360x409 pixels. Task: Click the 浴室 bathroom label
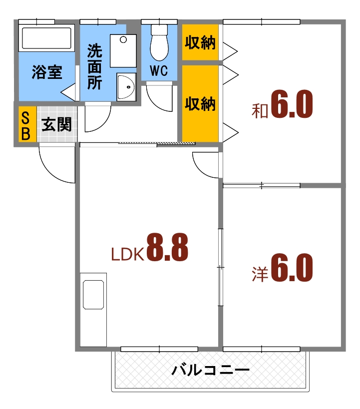coord(47,72)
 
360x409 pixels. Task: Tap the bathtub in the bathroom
coord(46,38)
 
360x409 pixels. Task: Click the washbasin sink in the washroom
coord(126,87)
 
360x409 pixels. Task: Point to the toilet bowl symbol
coord(159,43)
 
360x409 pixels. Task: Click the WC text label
coord(159,71)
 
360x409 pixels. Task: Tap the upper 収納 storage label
coord(200,43)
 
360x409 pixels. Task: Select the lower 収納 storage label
coord(200,103)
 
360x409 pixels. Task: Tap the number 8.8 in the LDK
coord(167,248)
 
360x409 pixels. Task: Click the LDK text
coord(127,255)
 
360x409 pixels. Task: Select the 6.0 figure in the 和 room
coord(292,104)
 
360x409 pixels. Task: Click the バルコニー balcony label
coord(210,371)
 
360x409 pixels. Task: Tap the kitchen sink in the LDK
coord(94,295)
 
